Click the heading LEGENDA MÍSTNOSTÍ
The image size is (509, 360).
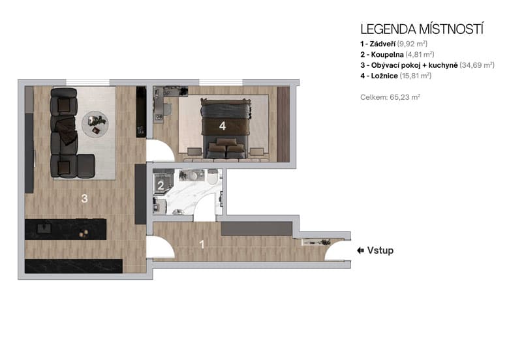[422, 29]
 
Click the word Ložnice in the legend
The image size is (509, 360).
[384, 76]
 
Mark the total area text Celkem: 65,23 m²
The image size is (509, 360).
[390, 97]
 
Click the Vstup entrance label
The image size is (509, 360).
[380, 250]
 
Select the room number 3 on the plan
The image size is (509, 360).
[84, 199]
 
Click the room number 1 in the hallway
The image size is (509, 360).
[202, 245]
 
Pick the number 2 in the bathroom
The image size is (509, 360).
[160, 185]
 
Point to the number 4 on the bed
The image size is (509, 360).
[223, 125]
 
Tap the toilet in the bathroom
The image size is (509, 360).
[213, 177]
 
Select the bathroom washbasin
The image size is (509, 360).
[191, 176]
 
